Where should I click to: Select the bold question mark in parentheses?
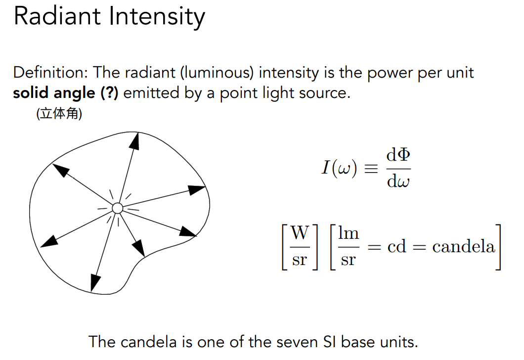point(109,93)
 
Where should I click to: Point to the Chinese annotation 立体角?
point(59,115)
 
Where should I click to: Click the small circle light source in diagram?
point(117,208)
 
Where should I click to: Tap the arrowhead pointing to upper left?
point(60,170)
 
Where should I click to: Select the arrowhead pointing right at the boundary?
point(197,189)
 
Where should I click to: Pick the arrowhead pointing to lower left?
point(48,241)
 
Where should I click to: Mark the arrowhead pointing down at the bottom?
point(95,283)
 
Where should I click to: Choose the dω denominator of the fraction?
point(398,181)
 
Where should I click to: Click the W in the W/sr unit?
point(300,233)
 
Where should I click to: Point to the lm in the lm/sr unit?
point(349,233)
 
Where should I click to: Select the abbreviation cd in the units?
point(397,246)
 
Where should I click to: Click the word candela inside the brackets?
point(463,246)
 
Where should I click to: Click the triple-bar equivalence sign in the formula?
point(370,168)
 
